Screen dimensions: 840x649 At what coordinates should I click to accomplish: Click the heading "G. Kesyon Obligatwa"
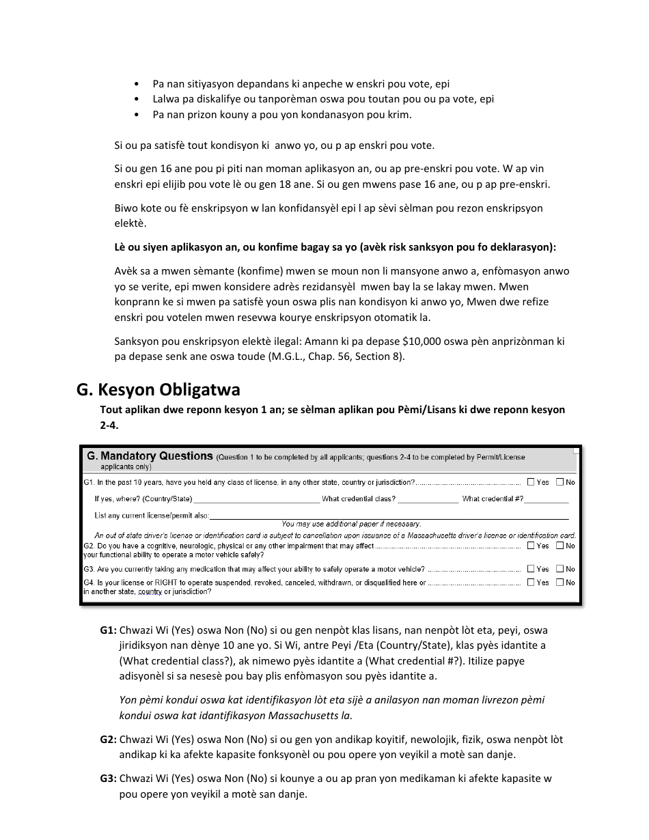(158, 390)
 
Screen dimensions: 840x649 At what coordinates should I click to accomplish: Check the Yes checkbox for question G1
(531, 482)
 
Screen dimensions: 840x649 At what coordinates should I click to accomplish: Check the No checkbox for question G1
(560, 482)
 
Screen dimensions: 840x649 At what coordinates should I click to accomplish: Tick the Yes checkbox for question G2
(531, 546)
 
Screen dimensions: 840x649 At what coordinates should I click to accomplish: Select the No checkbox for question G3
(560, 569)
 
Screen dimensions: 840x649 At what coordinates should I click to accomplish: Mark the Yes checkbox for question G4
(531, 583)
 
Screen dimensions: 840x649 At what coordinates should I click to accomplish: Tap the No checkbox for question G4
(560, 583)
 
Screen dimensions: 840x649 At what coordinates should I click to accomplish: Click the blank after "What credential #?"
(546, 499)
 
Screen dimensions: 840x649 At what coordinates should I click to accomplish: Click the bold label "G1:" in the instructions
(109, 630)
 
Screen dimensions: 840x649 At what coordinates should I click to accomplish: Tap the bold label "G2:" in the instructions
(109, 740)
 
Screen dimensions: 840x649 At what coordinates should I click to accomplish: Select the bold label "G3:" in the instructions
(109, 779)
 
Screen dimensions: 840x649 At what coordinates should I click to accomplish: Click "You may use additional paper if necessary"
(351, 524)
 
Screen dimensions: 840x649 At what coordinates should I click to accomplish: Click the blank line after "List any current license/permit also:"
(389, 516)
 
